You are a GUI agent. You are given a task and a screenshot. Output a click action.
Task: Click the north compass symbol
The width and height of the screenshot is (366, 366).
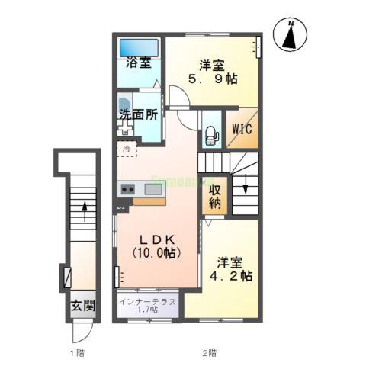pyautogui.click(x=291, y=35)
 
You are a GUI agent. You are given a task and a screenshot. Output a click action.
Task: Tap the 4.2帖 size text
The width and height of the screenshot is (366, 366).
pyautogui.click(x=231, y=275)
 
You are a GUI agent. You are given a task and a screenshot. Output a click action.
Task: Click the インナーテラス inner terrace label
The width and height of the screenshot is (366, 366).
pyautogui.click(x=148, y=301)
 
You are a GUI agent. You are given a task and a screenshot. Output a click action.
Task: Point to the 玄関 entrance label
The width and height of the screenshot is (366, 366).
pyautogui.click(x=83, y=307)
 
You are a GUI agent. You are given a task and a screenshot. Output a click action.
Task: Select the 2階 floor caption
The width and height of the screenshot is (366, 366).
pyautogui.click(x=209, y=353)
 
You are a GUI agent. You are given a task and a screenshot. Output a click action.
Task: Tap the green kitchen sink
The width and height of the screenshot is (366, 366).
pyautogui.click(x=155, y=189)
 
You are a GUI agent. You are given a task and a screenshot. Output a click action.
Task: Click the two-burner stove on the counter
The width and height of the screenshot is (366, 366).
pyautogui.click(x=127, y=189)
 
